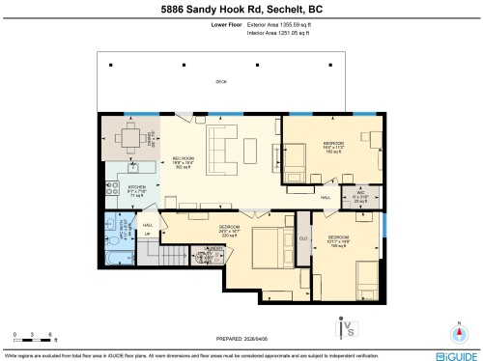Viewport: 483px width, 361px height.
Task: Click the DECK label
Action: click(220, 82)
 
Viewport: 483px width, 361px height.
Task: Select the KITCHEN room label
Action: click(136, 187)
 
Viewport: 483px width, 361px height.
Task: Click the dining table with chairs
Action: click(130, 135)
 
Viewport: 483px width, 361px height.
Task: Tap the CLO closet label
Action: click(302, 236)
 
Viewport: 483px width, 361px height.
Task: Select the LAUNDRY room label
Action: click(214, 251)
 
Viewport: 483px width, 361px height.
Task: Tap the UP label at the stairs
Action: click(148, 235)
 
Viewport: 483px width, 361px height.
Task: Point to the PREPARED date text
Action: click(241, 338)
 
